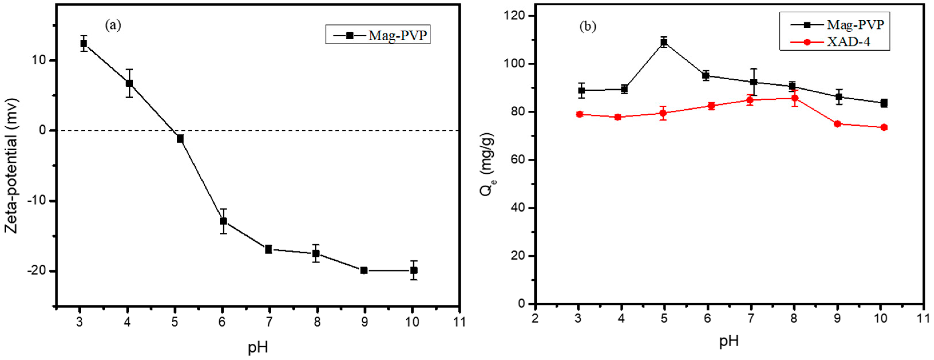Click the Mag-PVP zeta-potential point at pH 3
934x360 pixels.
tap(84, 43)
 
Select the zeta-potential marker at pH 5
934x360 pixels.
tap(180, 139)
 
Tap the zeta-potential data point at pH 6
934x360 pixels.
tap(223, 221)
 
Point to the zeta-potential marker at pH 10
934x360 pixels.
tap(414, 270)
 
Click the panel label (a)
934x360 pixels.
tap(113, 25)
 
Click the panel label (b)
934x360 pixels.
tap(588, 26)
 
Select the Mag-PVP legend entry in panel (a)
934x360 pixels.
tap(378, 35)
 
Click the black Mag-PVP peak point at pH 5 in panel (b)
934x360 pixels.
tap(664, 42)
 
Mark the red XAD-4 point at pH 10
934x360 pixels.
tap(884, 127)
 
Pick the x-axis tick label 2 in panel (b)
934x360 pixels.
tap(535, 319)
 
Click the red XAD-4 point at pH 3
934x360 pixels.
tap(579, 114)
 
